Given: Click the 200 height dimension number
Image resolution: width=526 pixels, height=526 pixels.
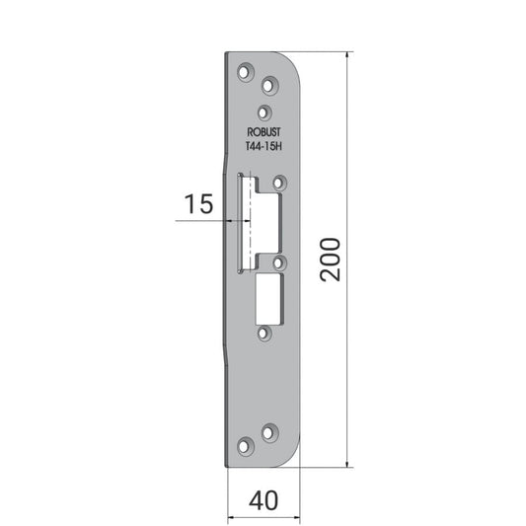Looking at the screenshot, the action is (330, 260).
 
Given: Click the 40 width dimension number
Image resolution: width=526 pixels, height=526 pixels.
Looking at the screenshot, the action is (263, 500).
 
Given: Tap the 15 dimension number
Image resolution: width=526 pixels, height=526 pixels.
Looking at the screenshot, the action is (198, 203).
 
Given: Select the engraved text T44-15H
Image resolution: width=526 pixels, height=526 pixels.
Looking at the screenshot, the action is (263, 146).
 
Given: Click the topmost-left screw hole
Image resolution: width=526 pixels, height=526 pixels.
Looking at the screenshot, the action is (245, 72).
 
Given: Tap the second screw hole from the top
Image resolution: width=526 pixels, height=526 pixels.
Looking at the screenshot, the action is (269, 86).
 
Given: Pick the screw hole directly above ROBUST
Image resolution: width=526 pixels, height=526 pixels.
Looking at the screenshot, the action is (264, 113).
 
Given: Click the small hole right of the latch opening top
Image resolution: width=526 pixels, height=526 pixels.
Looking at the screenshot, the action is (279, 184).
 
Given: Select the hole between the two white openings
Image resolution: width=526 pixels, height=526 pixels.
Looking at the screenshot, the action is (279, 263).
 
